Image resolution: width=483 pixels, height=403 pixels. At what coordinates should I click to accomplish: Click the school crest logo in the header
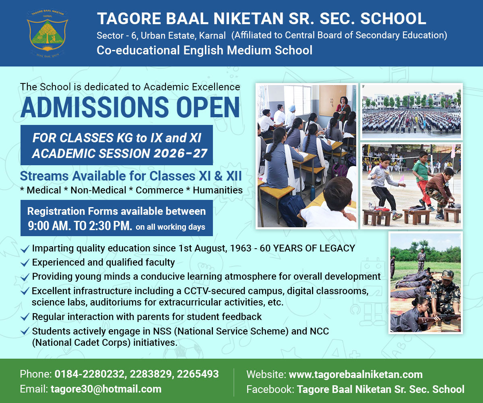tap(47, 33)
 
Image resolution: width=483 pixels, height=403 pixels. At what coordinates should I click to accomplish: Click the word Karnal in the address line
tap(212, 36)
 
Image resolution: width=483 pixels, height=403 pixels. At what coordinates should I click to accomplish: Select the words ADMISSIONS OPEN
tap(130, 107)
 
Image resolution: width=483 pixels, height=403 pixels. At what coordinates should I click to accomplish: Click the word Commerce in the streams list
tap(159, 190)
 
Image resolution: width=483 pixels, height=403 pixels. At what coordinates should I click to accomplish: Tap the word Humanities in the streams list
tap(218, 190)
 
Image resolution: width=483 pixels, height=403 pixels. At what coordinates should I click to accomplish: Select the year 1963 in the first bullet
tap(241, 248)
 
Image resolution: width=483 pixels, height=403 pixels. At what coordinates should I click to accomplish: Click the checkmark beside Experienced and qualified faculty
tap(25, 263)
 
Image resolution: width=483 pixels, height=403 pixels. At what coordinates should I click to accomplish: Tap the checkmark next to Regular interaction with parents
tap(25, 317)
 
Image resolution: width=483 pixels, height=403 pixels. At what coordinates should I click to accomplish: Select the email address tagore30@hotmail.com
tap(106, 389)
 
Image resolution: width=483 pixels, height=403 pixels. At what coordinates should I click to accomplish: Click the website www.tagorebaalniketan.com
tap(355, 374)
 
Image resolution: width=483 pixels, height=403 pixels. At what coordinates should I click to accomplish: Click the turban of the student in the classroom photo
tap(292, 108)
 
